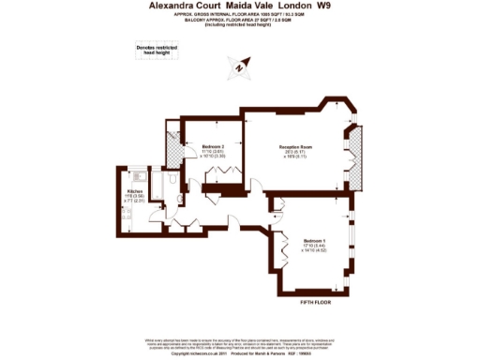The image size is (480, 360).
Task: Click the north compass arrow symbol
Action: [x=240, y=66]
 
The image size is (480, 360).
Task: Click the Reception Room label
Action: [x=298, y=147]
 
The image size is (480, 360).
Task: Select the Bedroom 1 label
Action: [x=313, y=241]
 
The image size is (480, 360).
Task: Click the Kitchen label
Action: [x=134, y=190]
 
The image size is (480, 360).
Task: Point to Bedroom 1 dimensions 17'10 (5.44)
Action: [x=313, y=247]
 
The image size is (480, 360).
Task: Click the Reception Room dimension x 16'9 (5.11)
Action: [x=298, y=158]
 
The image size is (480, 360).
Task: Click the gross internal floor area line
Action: [x=239, y=16]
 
